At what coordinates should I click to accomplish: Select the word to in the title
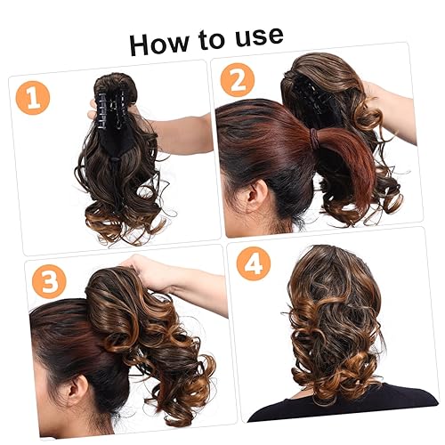(208, 39)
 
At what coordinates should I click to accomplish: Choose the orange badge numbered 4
(253, 264)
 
